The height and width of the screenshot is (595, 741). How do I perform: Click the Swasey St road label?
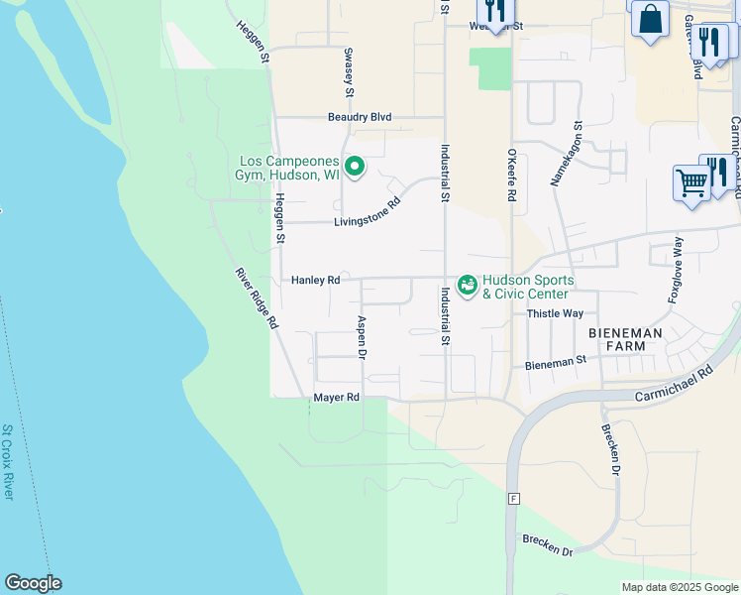click(349, 72)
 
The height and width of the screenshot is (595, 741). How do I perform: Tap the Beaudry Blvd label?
click(360, 117)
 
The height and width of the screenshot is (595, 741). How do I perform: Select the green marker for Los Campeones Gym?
click(353, 167)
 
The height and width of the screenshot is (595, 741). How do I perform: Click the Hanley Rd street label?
click(315, 281)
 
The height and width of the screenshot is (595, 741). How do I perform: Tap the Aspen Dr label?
click(362, 338)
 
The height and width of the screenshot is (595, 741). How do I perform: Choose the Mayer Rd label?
click(336, 398)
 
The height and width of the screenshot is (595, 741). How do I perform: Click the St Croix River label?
click(7, 461)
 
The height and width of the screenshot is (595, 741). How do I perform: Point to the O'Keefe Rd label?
click(512, 176)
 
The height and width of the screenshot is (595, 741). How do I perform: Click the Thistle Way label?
click(555, 313)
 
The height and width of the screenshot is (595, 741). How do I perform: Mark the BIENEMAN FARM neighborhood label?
click(630, 338)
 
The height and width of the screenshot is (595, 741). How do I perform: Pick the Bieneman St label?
click(550, 365)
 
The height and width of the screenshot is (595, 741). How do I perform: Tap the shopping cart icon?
click(689, 183)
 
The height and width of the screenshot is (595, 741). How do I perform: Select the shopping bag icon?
click(650, 18)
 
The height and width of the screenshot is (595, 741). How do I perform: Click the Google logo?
click(33, 583)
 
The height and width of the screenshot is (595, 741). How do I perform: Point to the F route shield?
click(513, 498)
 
